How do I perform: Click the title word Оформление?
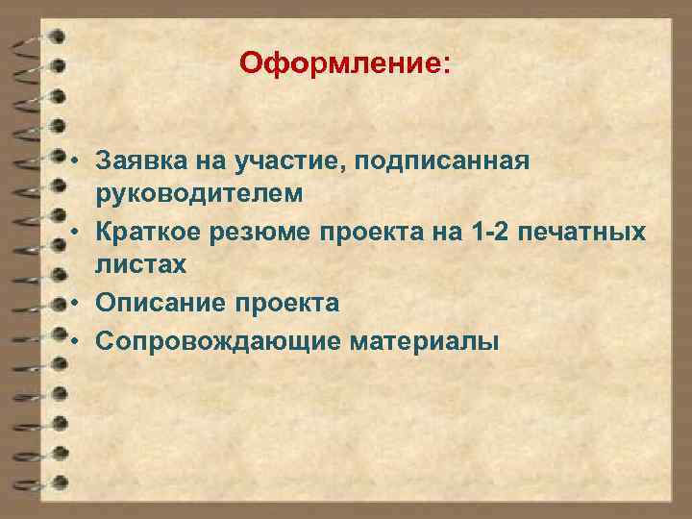(x=342, y=64)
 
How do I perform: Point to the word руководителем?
(x=199, y=193)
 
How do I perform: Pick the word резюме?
(x=270, y=232)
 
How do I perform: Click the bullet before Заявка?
(x=74, y=159)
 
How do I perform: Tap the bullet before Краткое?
(x=74, y=232)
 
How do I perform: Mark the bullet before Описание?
(x=74, y=304)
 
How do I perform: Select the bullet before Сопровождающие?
(x=74, y=340)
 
